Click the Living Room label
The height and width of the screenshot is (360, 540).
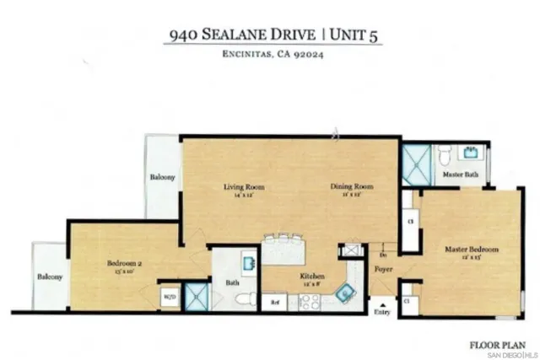click(240, 186)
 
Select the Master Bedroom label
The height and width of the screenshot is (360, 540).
click(472, 250)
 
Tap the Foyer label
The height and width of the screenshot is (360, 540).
click(385, 271)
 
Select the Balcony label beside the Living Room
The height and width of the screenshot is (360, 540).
click(163, 178)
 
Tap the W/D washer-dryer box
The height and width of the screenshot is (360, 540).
click(169, 297)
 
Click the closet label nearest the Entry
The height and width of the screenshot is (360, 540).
click(407, 300)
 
